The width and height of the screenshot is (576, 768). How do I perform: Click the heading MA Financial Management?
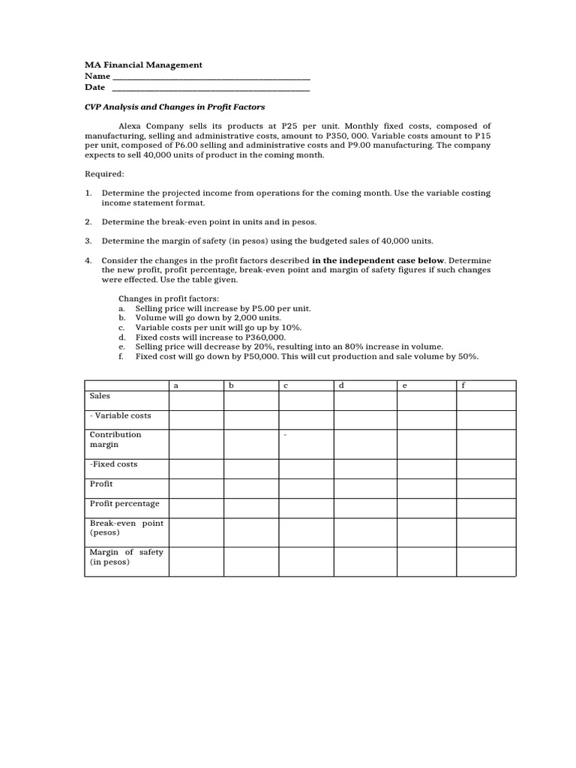coord(143,65)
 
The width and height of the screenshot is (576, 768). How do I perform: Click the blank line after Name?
coord(210,76)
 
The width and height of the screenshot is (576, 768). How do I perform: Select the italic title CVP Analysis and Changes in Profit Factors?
coord(175,107)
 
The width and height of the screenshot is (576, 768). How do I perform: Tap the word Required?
coord(104,174)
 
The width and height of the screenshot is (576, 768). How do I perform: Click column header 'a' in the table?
coord(176,385)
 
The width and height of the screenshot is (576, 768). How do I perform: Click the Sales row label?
coord(100,395)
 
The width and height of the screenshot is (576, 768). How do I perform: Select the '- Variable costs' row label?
coord(120,415)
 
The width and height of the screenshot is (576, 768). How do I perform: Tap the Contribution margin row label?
coord(115,439)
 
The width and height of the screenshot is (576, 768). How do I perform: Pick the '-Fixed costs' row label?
coord(113,464)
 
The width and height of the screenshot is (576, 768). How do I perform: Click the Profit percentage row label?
coord(124,503)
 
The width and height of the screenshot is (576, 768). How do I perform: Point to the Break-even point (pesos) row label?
coord(126,527)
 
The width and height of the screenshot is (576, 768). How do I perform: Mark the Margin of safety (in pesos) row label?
coord(126,556)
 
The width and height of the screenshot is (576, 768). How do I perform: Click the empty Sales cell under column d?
coord(364,400)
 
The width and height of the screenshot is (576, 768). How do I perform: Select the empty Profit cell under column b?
coord(251,488)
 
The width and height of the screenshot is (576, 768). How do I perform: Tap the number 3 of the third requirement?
coord(88,241)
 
